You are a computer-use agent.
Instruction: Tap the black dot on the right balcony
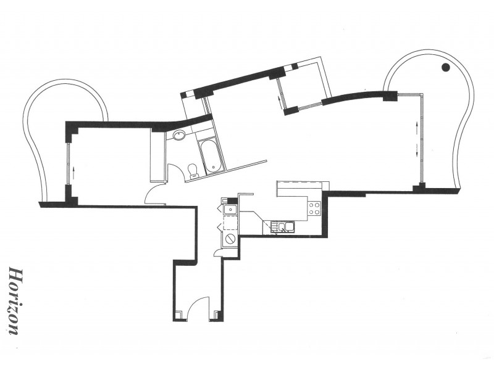(445, 68)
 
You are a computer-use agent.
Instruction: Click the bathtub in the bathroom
(210, 155)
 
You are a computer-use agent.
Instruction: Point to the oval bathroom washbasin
(178, 136)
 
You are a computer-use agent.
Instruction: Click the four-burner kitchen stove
(314, 208)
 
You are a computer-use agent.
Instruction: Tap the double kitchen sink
(285, 227)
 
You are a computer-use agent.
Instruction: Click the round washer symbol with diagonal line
(230, 238)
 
